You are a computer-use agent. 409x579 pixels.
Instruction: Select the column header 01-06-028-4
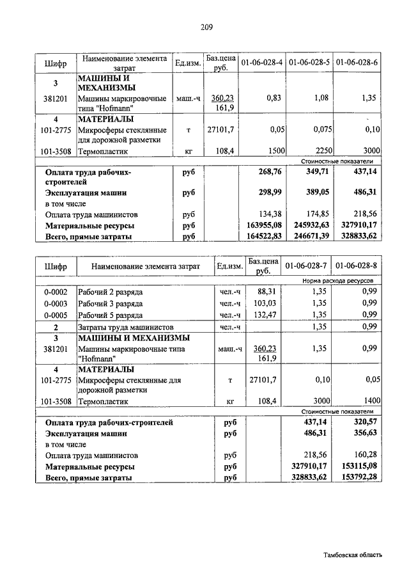click(x=262, y=63)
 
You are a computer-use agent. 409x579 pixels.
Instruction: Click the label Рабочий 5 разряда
click(x=111, y=315)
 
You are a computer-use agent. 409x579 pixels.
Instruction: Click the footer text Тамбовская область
click(x=352, y=555)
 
